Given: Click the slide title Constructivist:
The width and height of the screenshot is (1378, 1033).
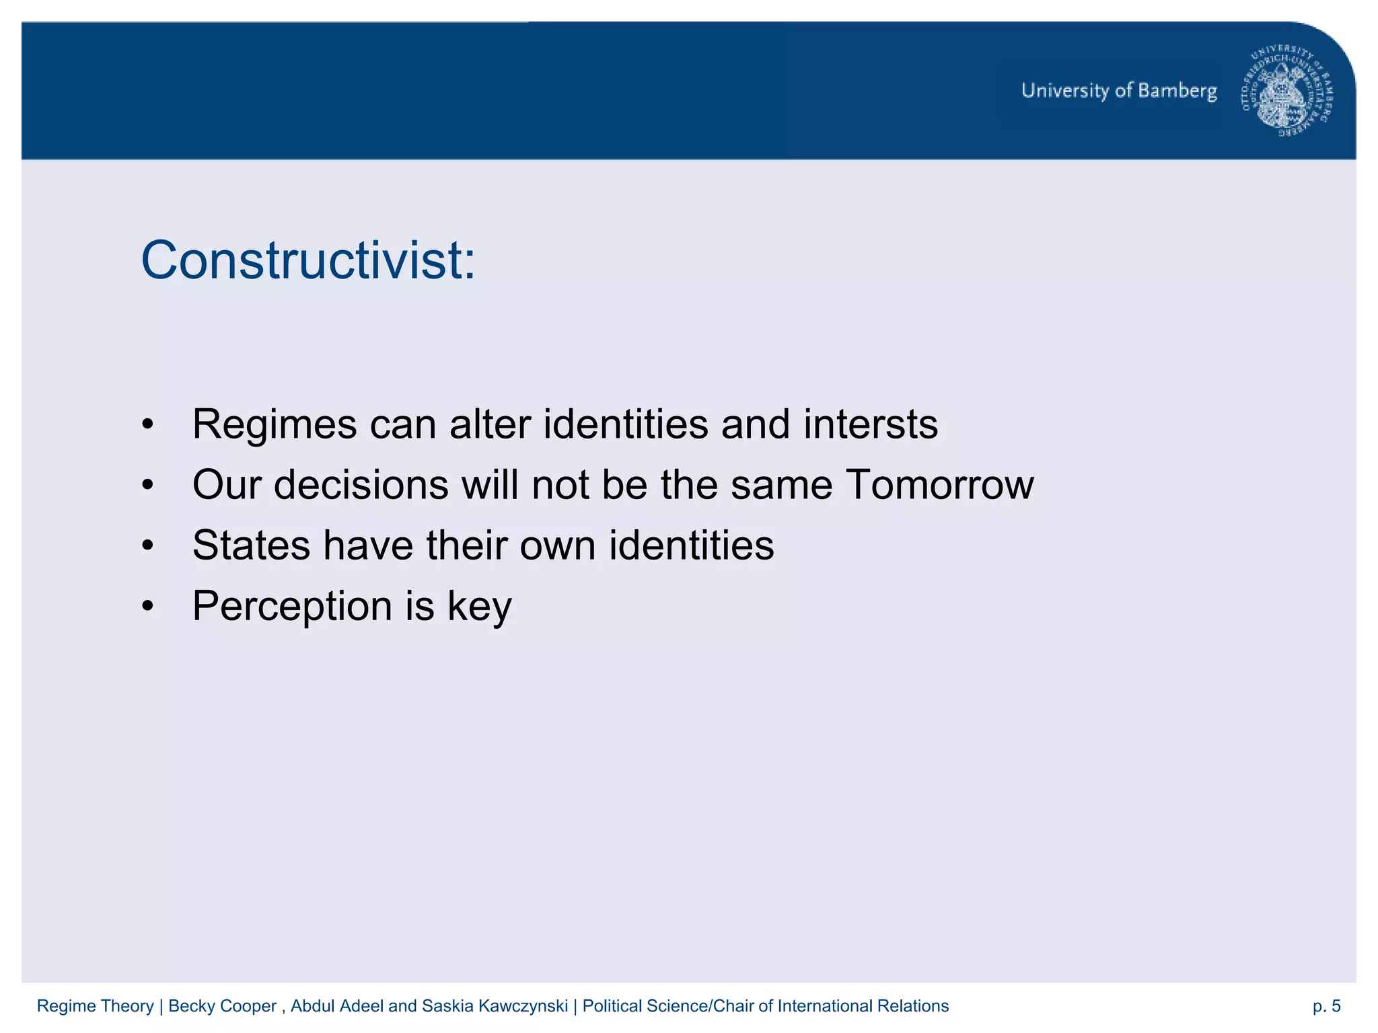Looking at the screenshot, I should (308, 260).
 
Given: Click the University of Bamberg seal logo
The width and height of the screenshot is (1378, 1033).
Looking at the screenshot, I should (1286, 91).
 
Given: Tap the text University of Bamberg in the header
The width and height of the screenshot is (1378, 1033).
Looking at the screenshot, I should (1119, 91).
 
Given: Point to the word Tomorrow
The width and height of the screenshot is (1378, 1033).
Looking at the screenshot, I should (939, 485).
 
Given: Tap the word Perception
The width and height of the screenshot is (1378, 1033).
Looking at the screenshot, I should (292, 607).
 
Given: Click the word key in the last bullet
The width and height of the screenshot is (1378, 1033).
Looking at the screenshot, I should (479, 607).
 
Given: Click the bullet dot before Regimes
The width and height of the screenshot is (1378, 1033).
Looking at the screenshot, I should (148, 426).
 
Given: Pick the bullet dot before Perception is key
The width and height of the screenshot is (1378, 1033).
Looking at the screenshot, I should (148, 607).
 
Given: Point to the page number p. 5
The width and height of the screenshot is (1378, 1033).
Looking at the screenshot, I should (1326, 1006).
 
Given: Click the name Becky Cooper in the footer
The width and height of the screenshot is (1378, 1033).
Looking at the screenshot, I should (222, 1006).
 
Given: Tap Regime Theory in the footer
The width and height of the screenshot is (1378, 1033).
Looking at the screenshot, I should (95, 1006).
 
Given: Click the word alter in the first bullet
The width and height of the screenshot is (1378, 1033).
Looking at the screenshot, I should (490, 424).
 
